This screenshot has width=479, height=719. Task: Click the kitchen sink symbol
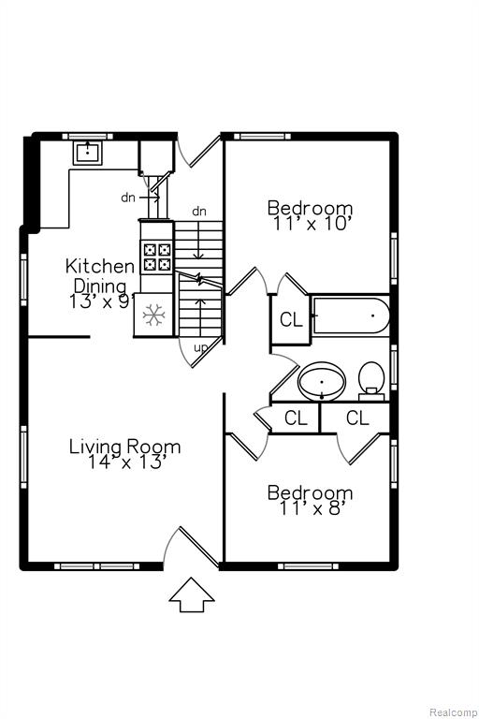(x=87, y=153)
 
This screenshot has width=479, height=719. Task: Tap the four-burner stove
(x=157, y=257)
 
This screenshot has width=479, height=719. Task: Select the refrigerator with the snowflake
(x=153, y=315)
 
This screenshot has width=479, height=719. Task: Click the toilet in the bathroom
(x=371, y=380)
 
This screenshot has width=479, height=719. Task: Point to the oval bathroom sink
(x=322, y=382)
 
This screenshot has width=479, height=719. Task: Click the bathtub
(x=351, y=315)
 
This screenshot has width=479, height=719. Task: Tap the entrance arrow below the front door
(x=192, y=594)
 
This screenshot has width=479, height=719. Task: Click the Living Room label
(x=124, y=447)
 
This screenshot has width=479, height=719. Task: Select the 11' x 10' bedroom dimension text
(x=311, y=225)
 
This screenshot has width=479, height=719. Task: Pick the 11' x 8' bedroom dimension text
(x=311, y=508)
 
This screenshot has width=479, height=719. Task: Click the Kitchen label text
(x=100, y=266)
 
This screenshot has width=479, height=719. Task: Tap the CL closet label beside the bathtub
(x=291, y=319)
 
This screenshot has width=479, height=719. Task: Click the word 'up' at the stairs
(x=200, y=348)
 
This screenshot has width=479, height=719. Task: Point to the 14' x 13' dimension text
(x=125, y=462)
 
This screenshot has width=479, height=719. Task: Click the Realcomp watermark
(x=453, y=712)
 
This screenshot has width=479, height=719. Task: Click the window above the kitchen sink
(x=87, y=136)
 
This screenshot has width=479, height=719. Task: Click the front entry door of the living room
(x=198, y=546)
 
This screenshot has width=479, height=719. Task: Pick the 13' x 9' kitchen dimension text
(x=102, y=301)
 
